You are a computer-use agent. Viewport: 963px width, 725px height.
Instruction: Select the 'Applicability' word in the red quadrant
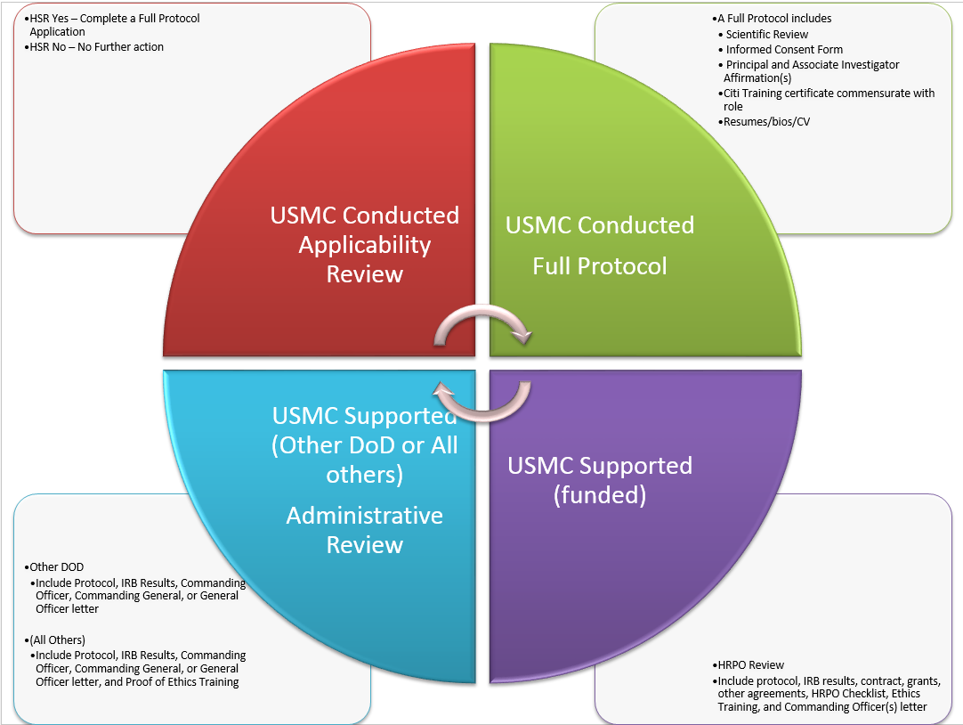tap(365, 245)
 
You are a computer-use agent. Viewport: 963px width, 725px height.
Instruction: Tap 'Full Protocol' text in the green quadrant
tap(600, 265)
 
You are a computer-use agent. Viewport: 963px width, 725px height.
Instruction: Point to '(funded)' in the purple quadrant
tap(600, 494)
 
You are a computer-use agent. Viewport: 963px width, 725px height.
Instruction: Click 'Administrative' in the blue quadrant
tap(365, 516)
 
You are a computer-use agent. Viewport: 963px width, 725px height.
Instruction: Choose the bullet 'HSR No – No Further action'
tap(96, 47)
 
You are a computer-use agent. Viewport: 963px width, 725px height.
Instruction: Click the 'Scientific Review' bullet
tap(766, 34)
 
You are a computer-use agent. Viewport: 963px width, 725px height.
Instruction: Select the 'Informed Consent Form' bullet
tap(784, 50)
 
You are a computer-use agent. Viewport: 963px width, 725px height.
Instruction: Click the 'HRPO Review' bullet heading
tap(749, 664)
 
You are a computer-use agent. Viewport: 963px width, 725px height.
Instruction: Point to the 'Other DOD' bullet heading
tap(57, 566)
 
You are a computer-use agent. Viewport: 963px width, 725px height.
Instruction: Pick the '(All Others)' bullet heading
tap(58, 639)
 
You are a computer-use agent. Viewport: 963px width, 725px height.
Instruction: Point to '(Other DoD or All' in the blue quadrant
tap(365, 444)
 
